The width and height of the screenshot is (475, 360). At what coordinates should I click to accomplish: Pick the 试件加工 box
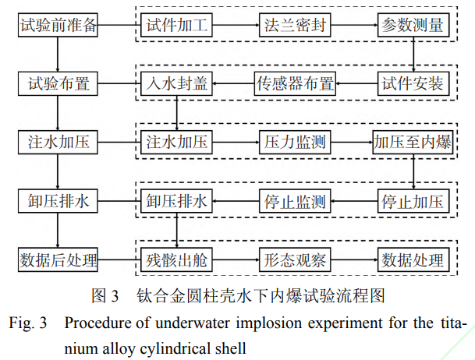pyautogui.click(x=177, y=25)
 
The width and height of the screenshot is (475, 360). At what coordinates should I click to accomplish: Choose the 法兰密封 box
pyautogui.click(x=295, y=25)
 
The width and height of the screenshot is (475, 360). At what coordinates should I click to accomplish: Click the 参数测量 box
pyautogui.click(x=412, y=25)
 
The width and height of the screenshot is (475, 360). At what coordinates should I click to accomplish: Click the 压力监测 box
pyautogui.click(x=295, y=143)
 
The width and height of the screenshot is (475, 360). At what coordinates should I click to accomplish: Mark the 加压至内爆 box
pyautogui.click(x=412, y=143)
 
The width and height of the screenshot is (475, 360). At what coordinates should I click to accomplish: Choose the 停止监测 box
pyautogui.click(x=295, y=202)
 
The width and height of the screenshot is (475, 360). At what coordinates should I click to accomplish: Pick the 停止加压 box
pyautogui.click(x=412, y=202)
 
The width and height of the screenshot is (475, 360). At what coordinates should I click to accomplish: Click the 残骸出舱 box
pyautogui.click(x=177, y=259)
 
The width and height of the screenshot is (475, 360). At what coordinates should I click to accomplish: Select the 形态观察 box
pyautogui.click(x=295, y=259)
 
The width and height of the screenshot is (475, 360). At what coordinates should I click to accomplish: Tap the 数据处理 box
pyautogui.click(x=412, y=259)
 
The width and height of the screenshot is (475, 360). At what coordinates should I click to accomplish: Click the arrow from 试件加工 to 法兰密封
pyautogui.click(x=235, y=25)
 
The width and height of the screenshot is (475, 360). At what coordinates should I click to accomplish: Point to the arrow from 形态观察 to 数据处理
pyautogui.click(x=353, y=259)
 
